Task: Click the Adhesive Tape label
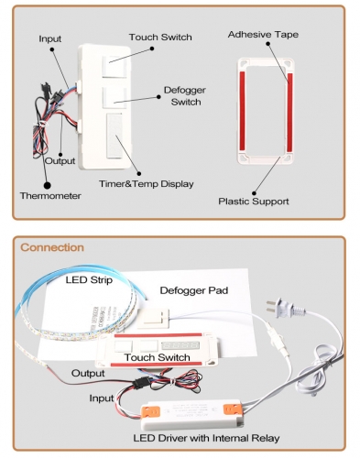point(263,35)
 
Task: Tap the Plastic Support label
point(254,202)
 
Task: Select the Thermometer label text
point(50,196)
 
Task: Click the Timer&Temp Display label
point(146,184)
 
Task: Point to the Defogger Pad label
point(194,290)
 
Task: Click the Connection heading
point(52,247)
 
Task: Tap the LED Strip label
point(89,279)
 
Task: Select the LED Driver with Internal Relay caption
point(206,438)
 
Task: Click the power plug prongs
point(270,306)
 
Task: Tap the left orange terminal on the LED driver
point(151,411)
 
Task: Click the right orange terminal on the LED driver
point(232,409)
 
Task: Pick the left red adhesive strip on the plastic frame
point(242,111)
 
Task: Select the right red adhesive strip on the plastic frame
point(289,113)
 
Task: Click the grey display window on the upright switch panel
point(115,136)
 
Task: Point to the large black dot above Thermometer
point(48,185)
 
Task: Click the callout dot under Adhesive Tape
point(267,44)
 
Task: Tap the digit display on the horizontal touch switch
point(180,345)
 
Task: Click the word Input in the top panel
point(50,38)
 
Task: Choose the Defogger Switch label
point(185,96)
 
